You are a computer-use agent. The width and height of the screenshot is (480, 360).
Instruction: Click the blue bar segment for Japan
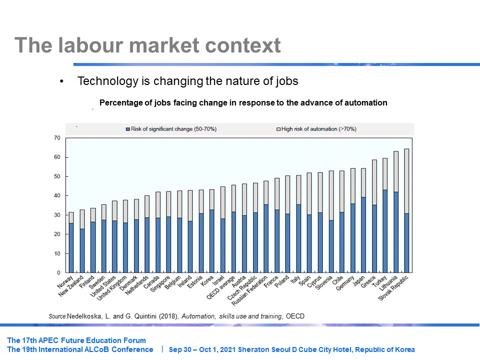(x=363, y=234)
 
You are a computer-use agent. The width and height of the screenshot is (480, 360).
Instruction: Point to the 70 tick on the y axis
(x=56, y=138)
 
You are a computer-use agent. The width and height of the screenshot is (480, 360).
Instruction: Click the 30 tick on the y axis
(x=56, y=215)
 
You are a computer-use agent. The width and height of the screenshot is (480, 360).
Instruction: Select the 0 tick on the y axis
(x=58, y=272)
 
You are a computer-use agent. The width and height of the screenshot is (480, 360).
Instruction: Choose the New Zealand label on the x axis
(x=71, y=288)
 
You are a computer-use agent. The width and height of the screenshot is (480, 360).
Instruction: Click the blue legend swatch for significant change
(x=127, y=129)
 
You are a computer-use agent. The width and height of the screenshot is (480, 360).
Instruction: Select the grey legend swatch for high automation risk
(x=278, y=129)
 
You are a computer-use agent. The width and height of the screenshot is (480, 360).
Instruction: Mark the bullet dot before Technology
(x=62, y=81)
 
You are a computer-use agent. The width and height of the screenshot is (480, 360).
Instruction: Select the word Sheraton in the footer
(x=254, y=349)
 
